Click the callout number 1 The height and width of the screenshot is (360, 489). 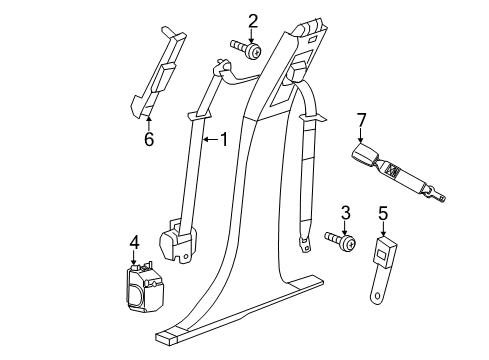pyautogui.click(x=223, y=140)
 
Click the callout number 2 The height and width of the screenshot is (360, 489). pyautogui.click(x=253, y=20)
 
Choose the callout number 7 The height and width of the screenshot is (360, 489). pyautogui.click(x=362, y=121)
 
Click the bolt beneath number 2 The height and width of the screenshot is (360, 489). pyautogui.click(x=247, y=48)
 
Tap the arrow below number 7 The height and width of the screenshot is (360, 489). pyautogui.click(x=362, y=138)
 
